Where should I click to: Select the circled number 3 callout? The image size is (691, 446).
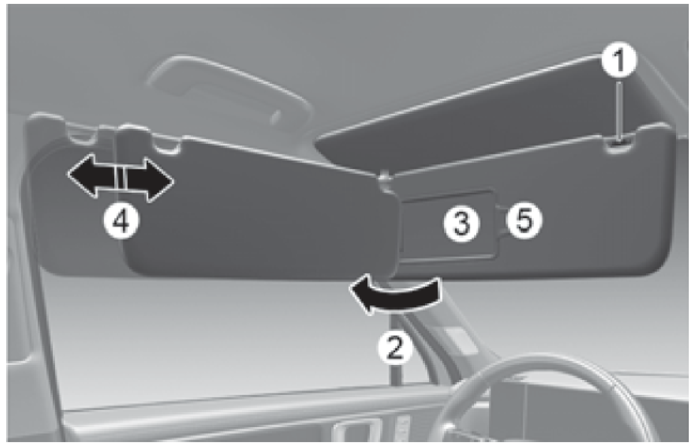click(462, 223)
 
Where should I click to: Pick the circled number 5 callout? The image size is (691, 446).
click(524, 220)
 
